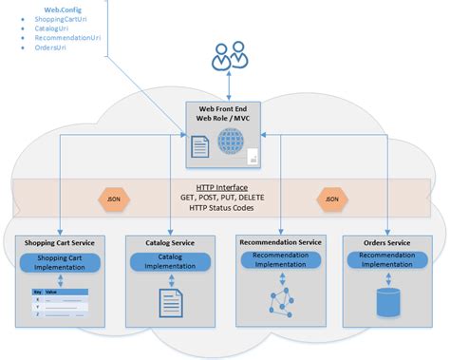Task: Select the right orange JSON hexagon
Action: [x=331, y=199]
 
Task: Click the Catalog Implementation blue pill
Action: [x=170, y=261]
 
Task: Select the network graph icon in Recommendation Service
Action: [x=279, y=301]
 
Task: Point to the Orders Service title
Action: [x=385, y=243]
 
